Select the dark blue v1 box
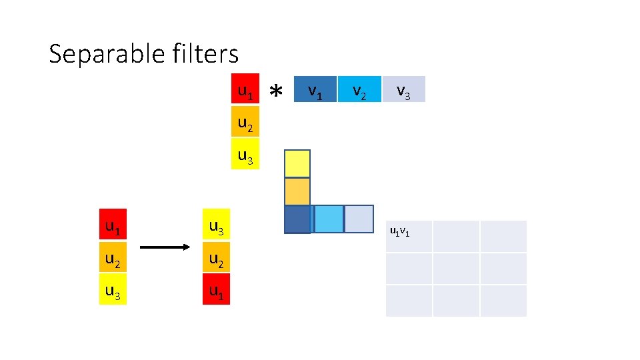pyautogui.click(x=315, y=89)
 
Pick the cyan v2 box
pyautogui.click(x=359, y=89)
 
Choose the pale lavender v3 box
pyautogui.click(x=403, y=89)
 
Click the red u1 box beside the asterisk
pyautogui.click(x=245, y=89)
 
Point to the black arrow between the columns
pyautogui.click(x=165, y=248)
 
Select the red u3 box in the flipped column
pyautogui.click(x=216, y=227)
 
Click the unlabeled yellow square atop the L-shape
pyautogui.click(x=297, y=164)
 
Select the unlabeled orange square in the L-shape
pyautogui.click(x=297, y=191)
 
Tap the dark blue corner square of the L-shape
pyautogui.click(x=297, y=219)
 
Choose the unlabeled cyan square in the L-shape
pyautogui.click(x=327, y=219)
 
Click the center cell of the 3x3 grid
pyautogui.click(x=456, y=268)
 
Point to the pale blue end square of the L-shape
pyautogui.click(x=359, y=219)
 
